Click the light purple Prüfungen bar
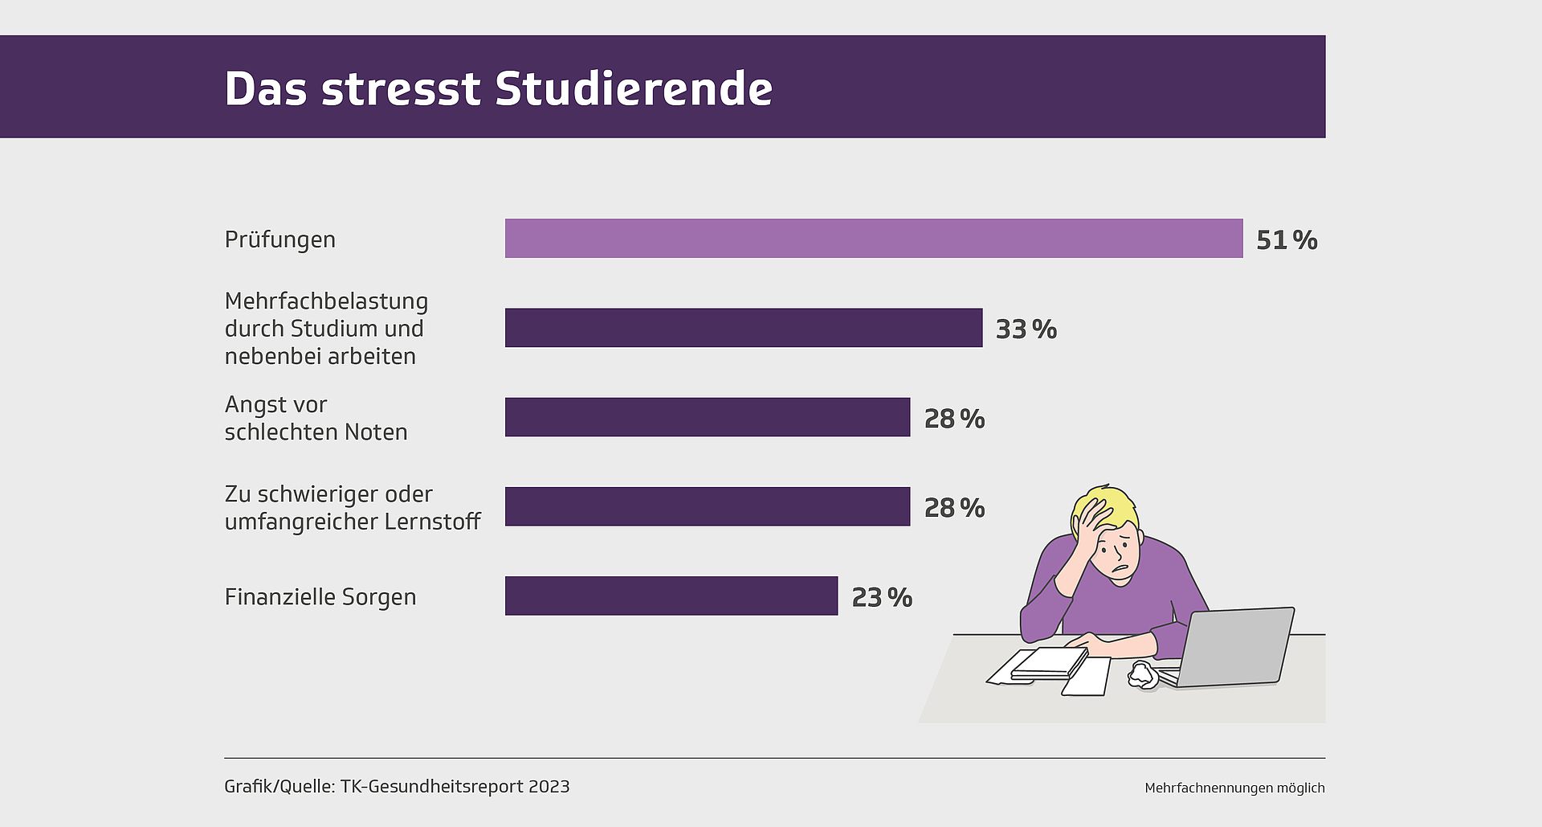tap(873, 239)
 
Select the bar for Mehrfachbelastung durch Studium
tap(743, 328)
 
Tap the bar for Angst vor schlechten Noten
tap(707, 417)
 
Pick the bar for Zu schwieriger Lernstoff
tap(707, 506)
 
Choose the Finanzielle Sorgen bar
tap(671, 596)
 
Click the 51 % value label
tap(1286, 240)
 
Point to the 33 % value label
tap(1026, 330)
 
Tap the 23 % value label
tap(881, 597)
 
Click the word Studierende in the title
tap(634, 88)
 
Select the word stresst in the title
tap(401, 90)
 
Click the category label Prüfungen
tap(279, 240)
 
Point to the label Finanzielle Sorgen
tap(320, 597)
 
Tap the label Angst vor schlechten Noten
tap(316, 418)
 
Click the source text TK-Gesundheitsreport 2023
tap(455, 786)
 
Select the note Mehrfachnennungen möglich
tap(1234, 788)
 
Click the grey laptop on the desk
tap(1233, 647)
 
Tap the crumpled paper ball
tap(1142, 674)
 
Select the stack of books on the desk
tap(1048, 664)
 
